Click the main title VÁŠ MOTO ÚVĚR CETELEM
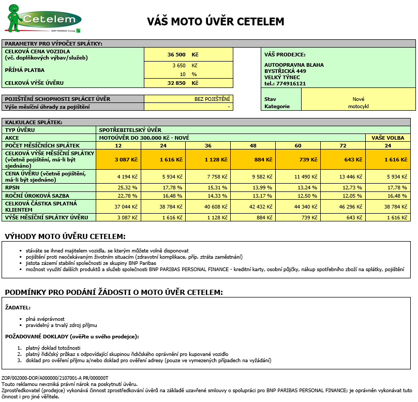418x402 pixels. (216, 22)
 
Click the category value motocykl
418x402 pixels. (358, 107)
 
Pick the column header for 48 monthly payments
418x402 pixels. (253, 145)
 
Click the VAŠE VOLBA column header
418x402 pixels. (387, 138)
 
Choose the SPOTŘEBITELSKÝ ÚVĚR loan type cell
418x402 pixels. (130, 130)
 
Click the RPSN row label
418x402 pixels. (12, 187)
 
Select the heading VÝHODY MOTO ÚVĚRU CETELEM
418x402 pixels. (65, 236)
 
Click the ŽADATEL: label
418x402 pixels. (18, 307)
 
